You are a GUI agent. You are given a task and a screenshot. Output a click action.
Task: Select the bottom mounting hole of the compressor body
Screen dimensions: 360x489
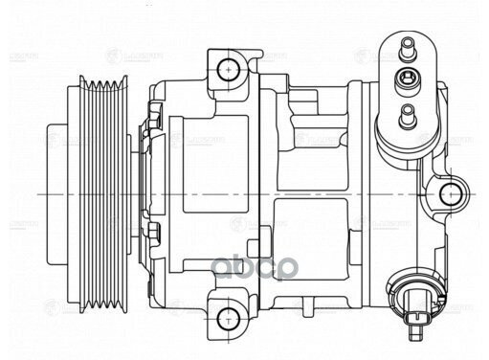[x=227, y=316]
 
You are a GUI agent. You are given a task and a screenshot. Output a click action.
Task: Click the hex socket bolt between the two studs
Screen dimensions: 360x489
[x=409, y=79]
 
